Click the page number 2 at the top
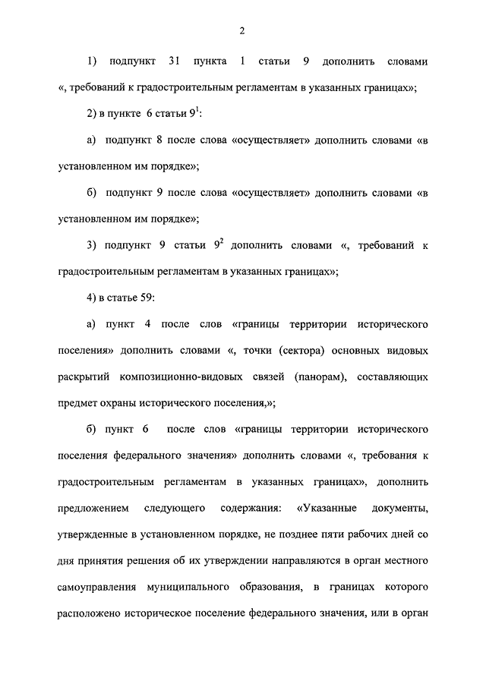(241, 30)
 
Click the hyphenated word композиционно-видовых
(200, 377)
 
